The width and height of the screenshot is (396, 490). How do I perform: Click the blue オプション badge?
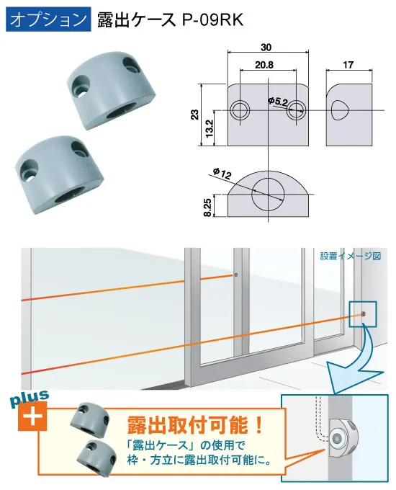click(48, 19)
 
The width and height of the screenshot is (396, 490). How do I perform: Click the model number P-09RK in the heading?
click(212, 19)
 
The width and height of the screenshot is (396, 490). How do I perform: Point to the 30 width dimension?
click(266, 47)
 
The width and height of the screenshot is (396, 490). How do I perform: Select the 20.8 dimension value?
click(264, 65)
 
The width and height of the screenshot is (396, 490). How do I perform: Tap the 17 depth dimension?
click(348, 65)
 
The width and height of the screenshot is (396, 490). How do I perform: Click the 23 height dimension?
click(194, 114)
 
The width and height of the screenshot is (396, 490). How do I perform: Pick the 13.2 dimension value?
click(210, 128)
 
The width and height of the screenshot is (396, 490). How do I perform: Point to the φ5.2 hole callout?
click(278, 102)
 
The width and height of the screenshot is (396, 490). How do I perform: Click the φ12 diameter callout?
click(222, 174)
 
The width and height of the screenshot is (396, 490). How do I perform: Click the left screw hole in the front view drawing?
click(240, 110)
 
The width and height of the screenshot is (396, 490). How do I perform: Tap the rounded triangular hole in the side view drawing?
click(339, 110)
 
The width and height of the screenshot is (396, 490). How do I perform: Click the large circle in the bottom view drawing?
click(268, 194)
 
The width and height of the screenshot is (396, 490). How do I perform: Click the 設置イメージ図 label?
click(351, 257)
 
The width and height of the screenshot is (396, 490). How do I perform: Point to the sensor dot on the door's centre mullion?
click(236, 275)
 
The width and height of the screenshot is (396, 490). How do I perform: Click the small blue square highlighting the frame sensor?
click(363, 314)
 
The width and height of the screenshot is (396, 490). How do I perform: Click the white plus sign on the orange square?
click(32, 416)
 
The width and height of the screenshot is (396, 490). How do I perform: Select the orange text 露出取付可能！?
click(195, 425)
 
